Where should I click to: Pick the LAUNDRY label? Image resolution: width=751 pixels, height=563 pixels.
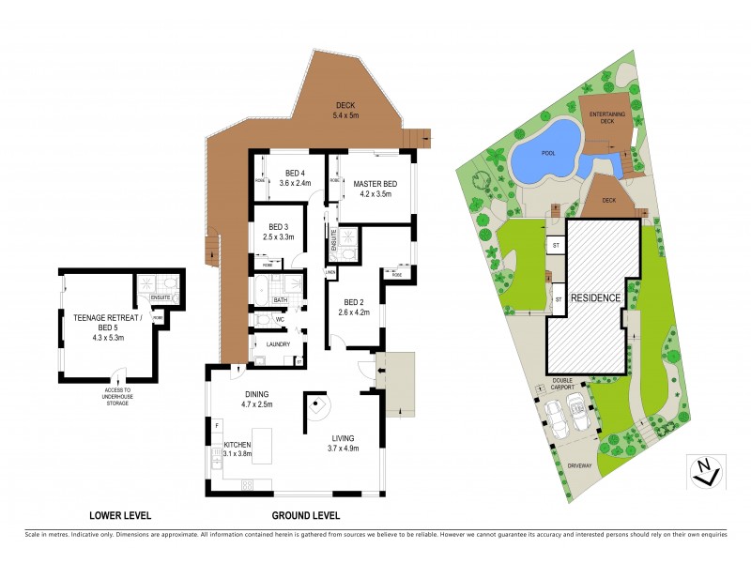[278, 344]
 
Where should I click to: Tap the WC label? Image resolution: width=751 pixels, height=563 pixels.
[280, 320]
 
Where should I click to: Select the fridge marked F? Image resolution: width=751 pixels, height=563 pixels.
[217, 427]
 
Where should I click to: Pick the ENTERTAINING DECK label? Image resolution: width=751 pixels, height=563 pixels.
[607, 117]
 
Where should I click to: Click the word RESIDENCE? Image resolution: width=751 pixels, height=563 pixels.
[596, 298]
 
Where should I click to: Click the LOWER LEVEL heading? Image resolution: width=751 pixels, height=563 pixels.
[119, 516]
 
